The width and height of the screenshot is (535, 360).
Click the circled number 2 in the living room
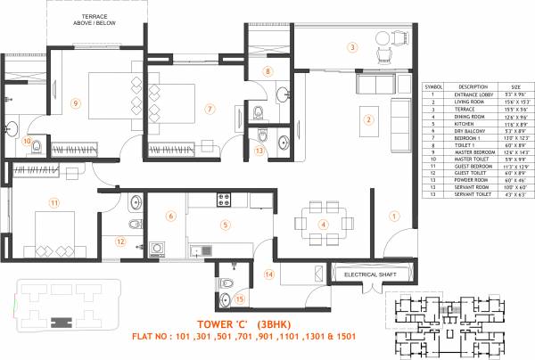click(x=366, y=119)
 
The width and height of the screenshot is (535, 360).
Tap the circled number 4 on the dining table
click(x=324, y=224)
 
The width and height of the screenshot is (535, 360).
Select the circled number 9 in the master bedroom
click(x=77, y=103)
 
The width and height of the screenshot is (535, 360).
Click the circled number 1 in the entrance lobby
click(x=393, y=215)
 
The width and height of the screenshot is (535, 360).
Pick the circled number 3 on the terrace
click(x=352, y=47)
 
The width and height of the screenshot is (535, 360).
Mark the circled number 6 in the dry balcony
click(x=170, y=215)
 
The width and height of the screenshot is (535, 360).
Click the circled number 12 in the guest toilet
click(x=119, y=241)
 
